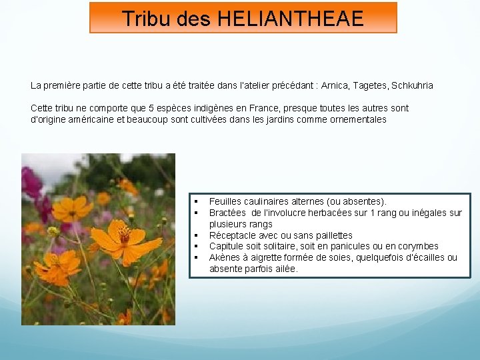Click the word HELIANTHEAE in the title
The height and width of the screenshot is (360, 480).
tap(290, 18)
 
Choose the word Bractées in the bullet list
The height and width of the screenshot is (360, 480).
tap(228, 213)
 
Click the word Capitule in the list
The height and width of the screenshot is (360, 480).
tap(227, 246)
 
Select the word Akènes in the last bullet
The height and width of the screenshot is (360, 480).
tap(225, 257)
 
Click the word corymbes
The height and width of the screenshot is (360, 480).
tap(417, 246)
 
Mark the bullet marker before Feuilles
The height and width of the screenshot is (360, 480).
tap(197, 201)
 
